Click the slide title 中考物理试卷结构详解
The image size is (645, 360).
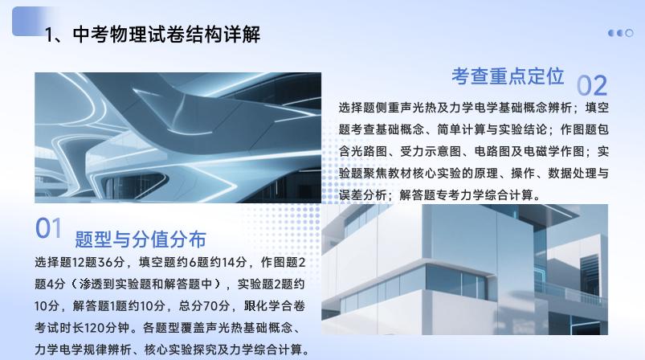[153, 35]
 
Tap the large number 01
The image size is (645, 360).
[48, 228]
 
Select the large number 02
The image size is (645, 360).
[592, 85]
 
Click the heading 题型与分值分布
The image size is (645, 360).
[141, 239]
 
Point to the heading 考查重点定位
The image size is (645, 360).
[508, 76]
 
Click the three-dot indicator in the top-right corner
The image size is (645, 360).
[620, 33]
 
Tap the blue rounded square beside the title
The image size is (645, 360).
[29, 21]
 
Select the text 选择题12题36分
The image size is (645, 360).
[80, 262]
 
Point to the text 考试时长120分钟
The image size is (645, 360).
[82, 328]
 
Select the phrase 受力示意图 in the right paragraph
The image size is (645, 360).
[431, 151]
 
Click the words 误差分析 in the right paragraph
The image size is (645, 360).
[363, 195]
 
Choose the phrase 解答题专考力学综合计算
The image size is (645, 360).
[466, 195]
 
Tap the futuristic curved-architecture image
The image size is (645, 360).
[178, 137]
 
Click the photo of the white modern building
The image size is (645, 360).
[464, 269]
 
